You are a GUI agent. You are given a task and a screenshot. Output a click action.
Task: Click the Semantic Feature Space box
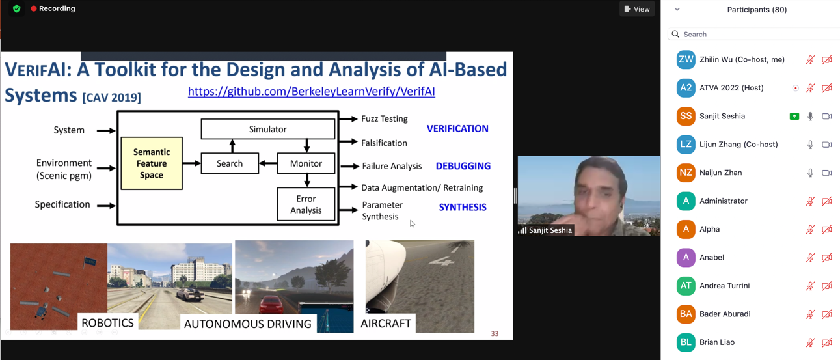152,163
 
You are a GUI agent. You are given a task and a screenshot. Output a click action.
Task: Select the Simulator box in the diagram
267,129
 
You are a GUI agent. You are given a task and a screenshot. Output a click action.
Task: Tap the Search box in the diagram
230,163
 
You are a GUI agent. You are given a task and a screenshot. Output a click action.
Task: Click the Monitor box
306,163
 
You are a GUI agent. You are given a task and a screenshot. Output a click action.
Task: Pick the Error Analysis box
306,204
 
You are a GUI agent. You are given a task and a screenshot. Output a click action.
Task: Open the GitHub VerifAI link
311,91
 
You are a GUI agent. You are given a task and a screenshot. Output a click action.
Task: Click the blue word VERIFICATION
457,128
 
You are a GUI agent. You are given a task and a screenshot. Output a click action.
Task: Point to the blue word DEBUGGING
463,166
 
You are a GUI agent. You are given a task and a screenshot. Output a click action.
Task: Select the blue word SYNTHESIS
463,207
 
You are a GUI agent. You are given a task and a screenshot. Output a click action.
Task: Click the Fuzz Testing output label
385,118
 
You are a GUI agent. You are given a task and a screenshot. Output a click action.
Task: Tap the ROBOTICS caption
107,323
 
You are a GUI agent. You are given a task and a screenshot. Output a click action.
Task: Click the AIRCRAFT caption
386,323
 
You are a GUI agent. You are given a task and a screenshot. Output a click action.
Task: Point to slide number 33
495,333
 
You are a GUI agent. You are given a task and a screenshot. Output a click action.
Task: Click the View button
637,9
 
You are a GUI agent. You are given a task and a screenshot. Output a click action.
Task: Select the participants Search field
755,34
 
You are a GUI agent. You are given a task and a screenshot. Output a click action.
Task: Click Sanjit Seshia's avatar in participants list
686,116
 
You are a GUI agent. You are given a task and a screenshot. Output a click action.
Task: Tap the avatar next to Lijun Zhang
686,145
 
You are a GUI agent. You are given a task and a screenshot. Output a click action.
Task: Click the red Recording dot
34,8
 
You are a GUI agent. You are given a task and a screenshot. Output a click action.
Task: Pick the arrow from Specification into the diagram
106,205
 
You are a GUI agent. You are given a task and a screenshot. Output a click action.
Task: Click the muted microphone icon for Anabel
810,258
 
